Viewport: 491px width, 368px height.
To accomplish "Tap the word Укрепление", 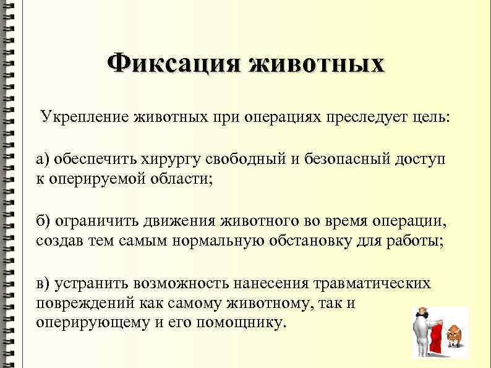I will pyautogui.click(x=83, y=117).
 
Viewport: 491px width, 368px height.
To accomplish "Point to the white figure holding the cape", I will pyautogui.click(x=422, y=334).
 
